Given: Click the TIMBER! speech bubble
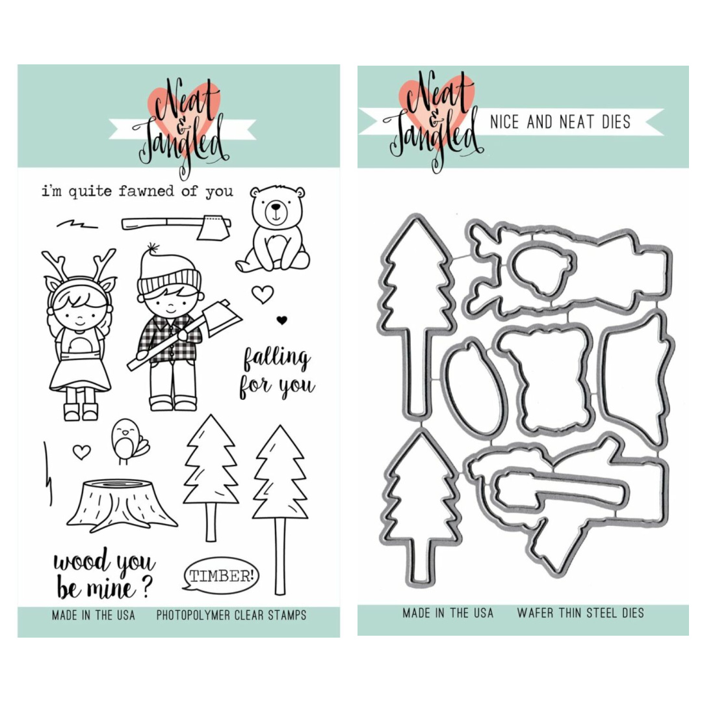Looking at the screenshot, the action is coord(221,576).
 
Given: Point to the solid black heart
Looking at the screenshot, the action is coord(281,320).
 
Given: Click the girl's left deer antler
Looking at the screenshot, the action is coord(55,264).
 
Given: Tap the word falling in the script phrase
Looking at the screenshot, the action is coord(276,359).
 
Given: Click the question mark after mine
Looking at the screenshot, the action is coord(147,587).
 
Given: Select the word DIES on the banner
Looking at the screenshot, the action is coord(616,122).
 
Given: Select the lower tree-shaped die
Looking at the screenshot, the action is coord(419,505).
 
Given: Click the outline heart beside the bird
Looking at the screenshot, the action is coord(81,452).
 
